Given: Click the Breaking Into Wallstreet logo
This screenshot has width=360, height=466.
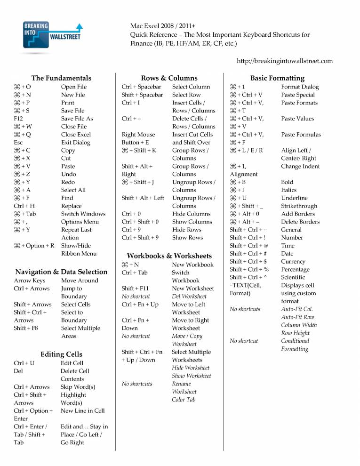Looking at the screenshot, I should tap(52, 35).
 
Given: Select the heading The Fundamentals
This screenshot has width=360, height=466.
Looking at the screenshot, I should tap(61, 78).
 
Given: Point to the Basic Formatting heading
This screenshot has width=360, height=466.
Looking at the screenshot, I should tap(277, 78).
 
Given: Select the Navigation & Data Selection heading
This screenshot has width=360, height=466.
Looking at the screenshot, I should tap(61, 272).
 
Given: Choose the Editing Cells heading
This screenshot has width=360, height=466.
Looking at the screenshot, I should tap(61, 354).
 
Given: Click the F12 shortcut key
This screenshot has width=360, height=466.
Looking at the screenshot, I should tap(19, 119).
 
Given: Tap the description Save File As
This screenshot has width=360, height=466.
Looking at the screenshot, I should tap(77, 119).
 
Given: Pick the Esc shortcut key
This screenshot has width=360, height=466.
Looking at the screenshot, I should tap(18, 142).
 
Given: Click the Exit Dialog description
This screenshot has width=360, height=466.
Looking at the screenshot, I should tap(75, 142).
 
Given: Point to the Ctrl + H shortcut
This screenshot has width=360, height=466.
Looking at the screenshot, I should tap(24, 206).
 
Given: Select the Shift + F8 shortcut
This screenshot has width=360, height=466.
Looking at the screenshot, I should tap(26, 328).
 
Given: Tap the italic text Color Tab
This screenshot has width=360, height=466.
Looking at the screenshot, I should tap(184, 400).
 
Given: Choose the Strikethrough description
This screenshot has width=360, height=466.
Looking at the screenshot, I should tap(299, 206).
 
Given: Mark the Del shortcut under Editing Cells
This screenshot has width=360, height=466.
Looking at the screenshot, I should tap(18, 371).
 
